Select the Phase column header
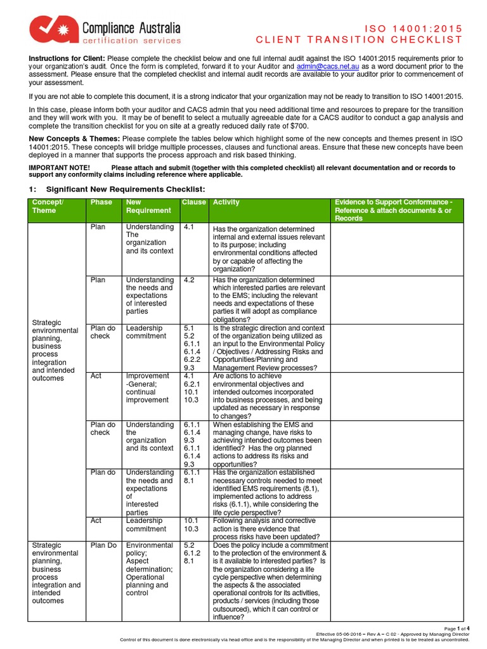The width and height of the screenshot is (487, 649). pos(101,203)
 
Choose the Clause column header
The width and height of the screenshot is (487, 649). pos(194,203)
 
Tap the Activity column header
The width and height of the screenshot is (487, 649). pos(226,203)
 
